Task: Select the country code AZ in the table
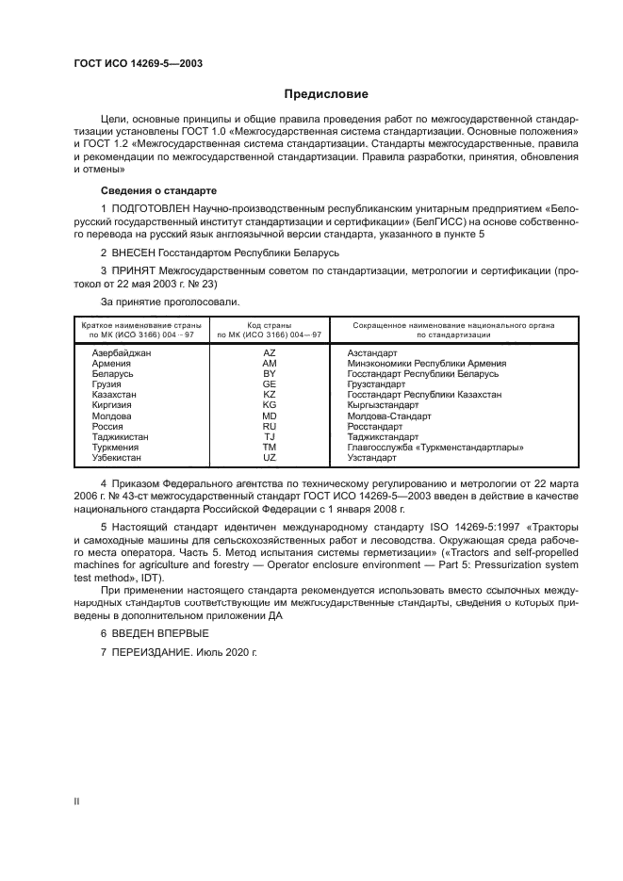tap(270, 352)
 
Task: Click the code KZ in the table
tap(270, 394)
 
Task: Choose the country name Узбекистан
tap(116, 457)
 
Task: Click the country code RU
tap(270, 426)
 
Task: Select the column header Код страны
tap(270, 324)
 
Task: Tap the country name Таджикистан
tap(120, 436)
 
